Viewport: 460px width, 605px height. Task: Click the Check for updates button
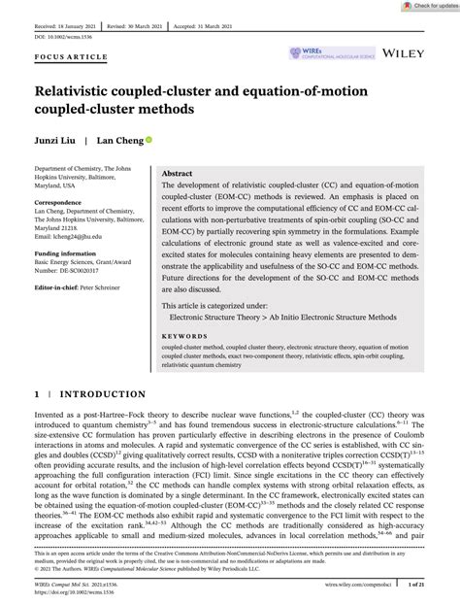coord(425,7)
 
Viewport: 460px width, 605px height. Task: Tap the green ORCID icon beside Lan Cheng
coord(148,139)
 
